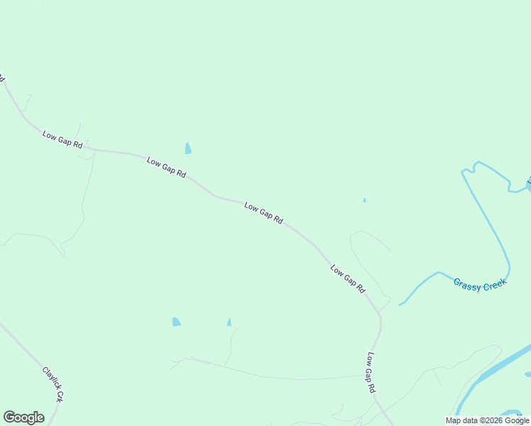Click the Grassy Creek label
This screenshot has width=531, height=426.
click(481, 284)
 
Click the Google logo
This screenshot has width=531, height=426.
click(23, 417)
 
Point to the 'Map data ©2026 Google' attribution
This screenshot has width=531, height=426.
click(487, 420)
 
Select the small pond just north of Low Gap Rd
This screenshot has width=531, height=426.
click(188, 148)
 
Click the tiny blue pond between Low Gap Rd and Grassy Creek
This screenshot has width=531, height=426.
click(364, 200)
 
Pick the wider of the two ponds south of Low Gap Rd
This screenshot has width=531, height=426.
click(176, 322)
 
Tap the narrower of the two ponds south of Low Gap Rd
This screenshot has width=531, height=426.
click(229, 322)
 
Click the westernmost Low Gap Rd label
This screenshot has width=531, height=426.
click(62, 140)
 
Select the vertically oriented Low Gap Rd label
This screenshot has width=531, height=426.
click(371, 373)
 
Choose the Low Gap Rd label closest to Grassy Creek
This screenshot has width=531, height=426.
click(347, 279)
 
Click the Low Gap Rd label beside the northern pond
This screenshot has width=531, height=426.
click(166, 168)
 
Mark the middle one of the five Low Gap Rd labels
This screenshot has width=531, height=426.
click(263, 213)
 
